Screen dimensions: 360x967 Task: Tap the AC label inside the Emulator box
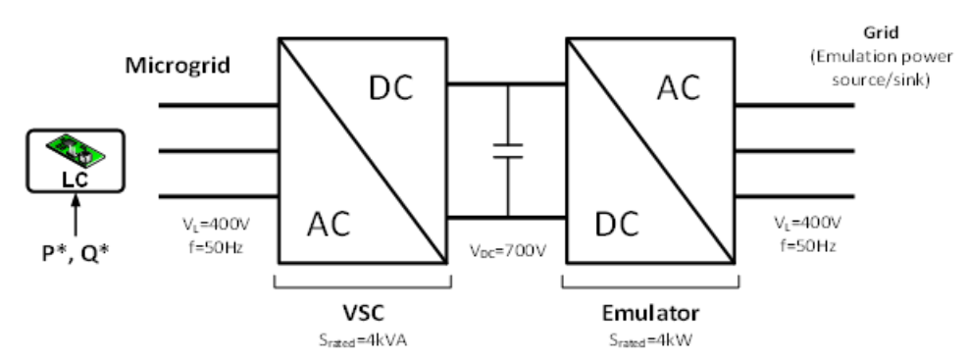679,88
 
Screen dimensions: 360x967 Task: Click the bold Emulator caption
651,315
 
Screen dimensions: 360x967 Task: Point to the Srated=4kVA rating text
365,340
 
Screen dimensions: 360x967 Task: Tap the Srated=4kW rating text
651,340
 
